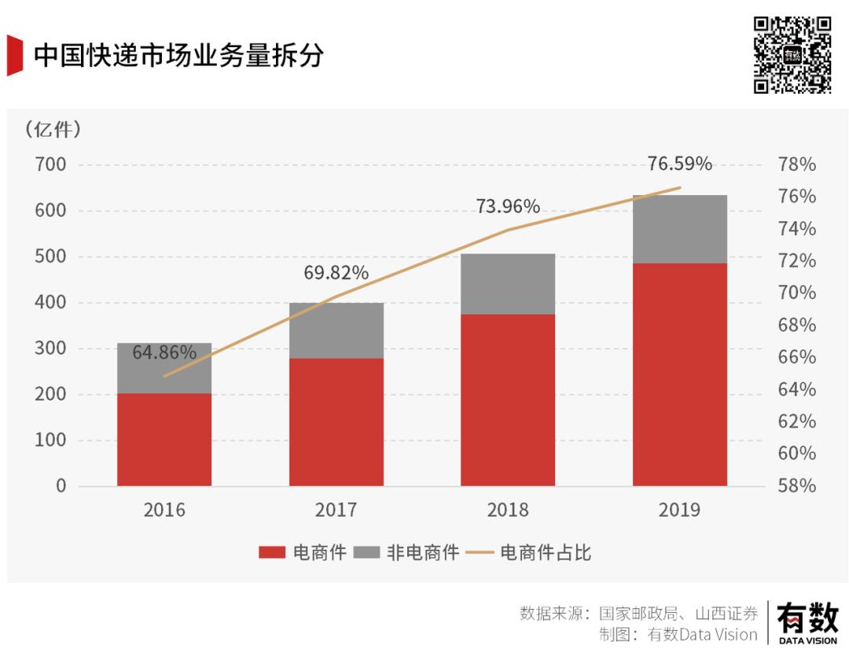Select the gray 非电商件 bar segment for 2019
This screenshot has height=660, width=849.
680,229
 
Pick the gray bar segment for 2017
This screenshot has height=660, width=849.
336,330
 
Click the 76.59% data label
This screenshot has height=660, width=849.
680,164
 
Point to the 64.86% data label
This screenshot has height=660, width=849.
164,352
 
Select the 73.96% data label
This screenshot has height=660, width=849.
508,207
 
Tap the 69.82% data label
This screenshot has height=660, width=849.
336,273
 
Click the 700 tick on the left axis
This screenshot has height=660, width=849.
50,165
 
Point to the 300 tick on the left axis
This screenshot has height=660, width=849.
50,348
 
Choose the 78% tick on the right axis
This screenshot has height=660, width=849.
796,165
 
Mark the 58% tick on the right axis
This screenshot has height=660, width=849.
796,486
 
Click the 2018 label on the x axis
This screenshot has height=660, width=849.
508,510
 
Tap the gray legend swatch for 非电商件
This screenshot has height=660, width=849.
367,553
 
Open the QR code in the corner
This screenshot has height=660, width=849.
792,55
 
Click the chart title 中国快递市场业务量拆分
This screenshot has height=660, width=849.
178,56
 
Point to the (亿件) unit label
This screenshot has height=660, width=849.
53,129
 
